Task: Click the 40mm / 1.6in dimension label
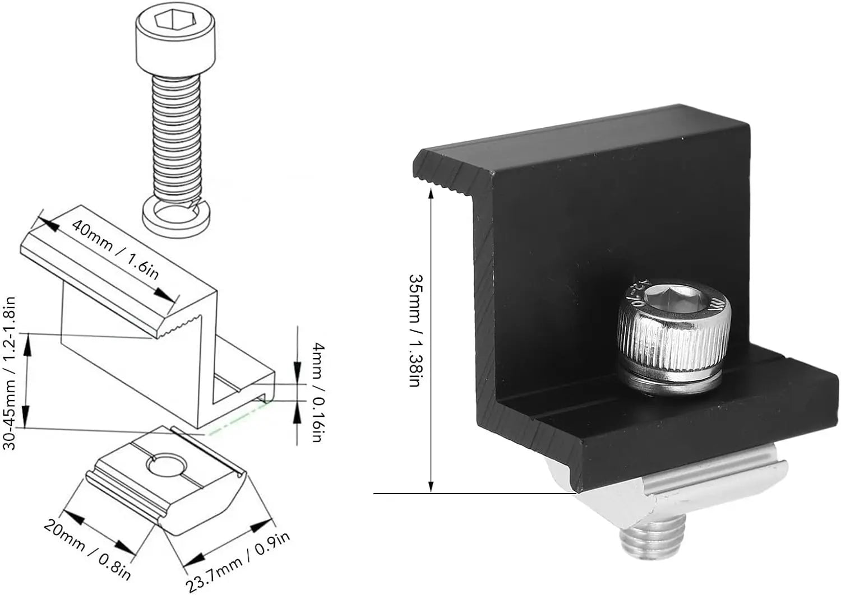(x=115, y=249)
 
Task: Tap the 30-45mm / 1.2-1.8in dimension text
(x=10, y=373)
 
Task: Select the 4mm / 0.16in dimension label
(x=318, y=392)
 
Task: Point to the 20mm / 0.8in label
(x=87, y=550)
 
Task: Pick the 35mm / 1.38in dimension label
(x=416, y=331)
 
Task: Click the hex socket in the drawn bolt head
(x=175, y=18)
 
